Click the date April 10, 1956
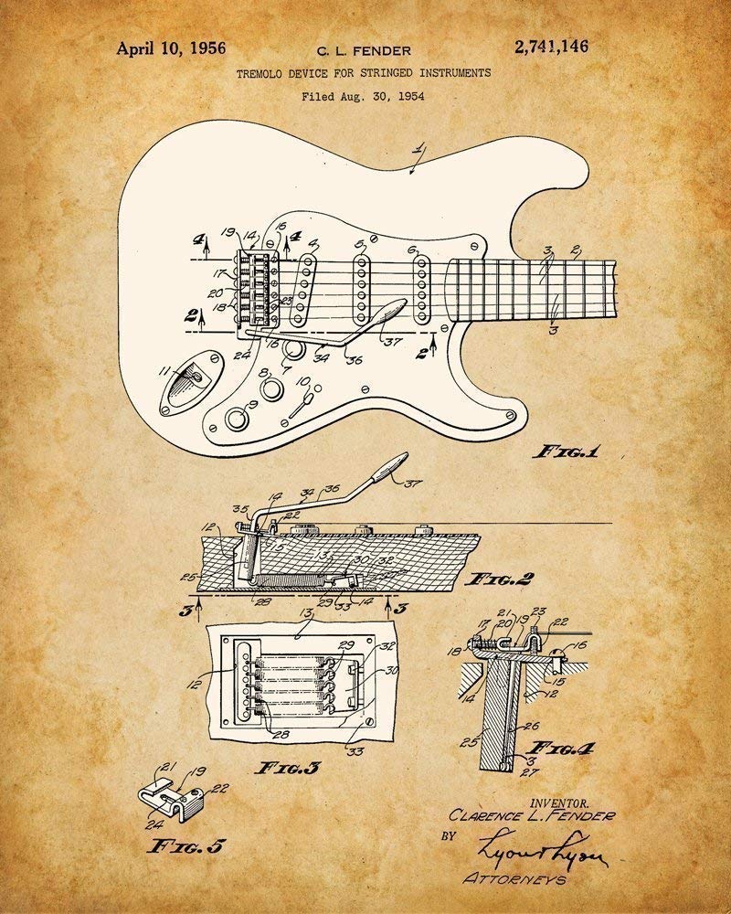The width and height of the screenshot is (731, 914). click(x=171, y=48)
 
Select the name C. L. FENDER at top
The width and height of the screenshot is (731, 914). click(x=364, y=51)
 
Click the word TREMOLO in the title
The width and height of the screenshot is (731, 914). click(x=262, y=72)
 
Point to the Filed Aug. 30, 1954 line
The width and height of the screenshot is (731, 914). click(x=363, y=94)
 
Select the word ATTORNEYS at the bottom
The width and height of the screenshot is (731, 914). click(x=514, y=879)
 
